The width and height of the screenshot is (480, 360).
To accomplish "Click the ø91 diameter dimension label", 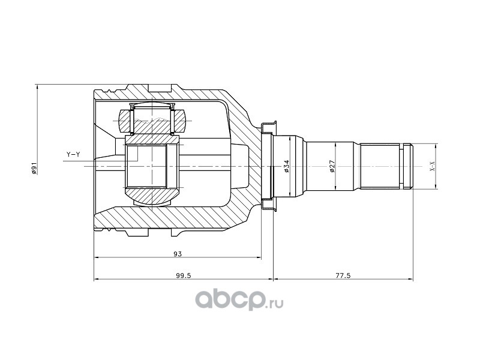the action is tap(34, 169).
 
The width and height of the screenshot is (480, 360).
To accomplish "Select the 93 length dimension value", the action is tap(178, 254).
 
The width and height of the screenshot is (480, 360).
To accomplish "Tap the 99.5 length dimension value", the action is tap(184, 275).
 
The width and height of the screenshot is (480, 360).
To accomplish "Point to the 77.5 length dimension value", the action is tap(343, 275).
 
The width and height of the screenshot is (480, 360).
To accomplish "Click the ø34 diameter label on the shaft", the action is tap(287, 166).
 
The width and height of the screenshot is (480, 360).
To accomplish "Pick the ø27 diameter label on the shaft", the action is tap(333, 166).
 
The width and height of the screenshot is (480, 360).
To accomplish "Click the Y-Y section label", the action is tap(73, 155).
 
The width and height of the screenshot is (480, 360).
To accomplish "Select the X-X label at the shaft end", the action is tap(432, 166).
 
